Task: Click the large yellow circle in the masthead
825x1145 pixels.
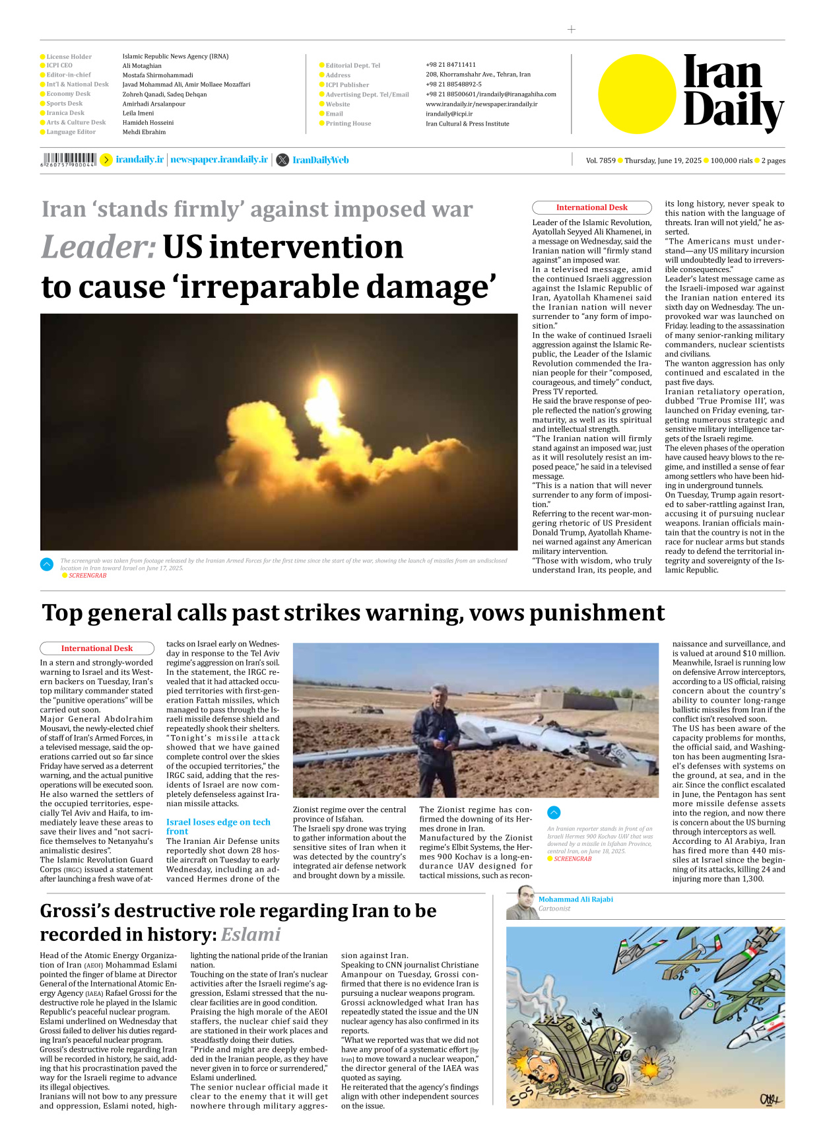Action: click(637, 94)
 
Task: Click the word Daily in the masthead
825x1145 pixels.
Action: click(733, 110)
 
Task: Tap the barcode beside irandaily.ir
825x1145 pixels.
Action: click(68, 160)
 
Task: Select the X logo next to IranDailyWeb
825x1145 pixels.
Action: click(282, 160)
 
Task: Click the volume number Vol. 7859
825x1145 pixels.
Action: click(601, 160)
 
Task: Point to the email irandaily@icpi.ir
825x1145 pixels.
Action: click(449, 114)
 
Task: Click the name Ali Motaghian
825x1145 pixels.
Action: click(142, 66)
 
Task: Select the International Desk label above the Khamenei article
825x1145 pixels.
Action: click(591, 207)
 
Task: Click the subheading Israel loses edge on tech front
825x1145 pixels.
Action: click(218, 827)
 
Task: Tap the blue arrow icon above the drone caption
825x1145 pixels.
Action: click(554, 812)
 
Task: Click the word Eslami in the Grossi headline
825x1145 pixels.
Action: click(251, 934)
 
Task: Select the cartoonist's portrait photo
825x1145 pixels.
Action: click(521, 903)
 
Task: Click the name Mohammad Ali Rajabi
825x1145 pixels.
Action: click(576, 899)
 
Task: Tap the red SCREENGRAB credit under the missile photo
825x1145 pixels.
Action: click(87, 576)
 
